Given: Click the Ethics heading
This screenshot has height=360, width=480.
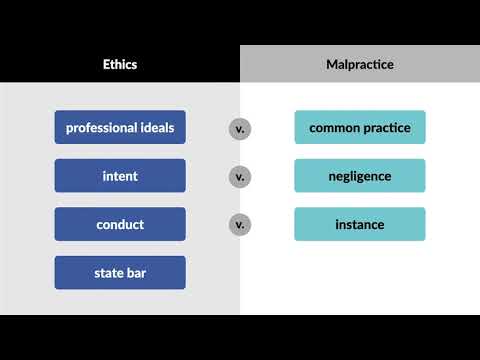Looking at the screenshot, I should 120,64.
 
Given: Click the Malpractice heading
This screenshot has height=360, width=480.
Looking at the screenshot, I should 360,64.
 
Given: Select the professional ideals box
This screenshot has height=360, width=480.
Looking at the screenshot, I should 120,127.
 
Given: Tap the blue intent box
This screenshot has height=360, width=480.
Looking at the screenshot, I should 120,176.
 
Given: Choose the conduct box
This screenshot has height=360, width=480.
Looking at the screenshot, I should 120,224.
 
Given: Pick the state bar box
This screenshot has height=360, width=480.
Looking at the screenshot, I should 120,272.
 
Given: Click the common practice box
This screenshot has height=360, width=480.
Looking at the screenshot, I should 360,127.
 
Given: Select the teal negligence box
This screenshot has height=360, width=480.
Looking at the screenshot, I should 360,176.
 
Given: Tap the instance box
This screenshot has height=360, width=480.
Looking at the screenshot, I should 360,224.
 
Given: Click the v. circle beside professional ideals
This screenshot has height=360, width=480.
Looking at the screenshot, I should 240,128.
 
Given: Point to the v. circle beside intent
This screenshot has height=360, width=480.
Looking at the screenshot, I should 240,176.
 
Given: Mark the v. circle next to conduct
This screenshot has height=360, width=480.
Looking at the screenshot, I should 240,224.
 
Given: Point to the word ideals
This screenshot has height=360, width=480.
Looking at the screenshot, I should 156,127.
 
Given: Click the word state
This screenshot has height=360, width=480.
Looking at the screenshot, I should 109,272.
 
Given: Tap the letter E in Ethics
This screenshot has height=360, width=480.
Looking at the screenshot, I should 106,64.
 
